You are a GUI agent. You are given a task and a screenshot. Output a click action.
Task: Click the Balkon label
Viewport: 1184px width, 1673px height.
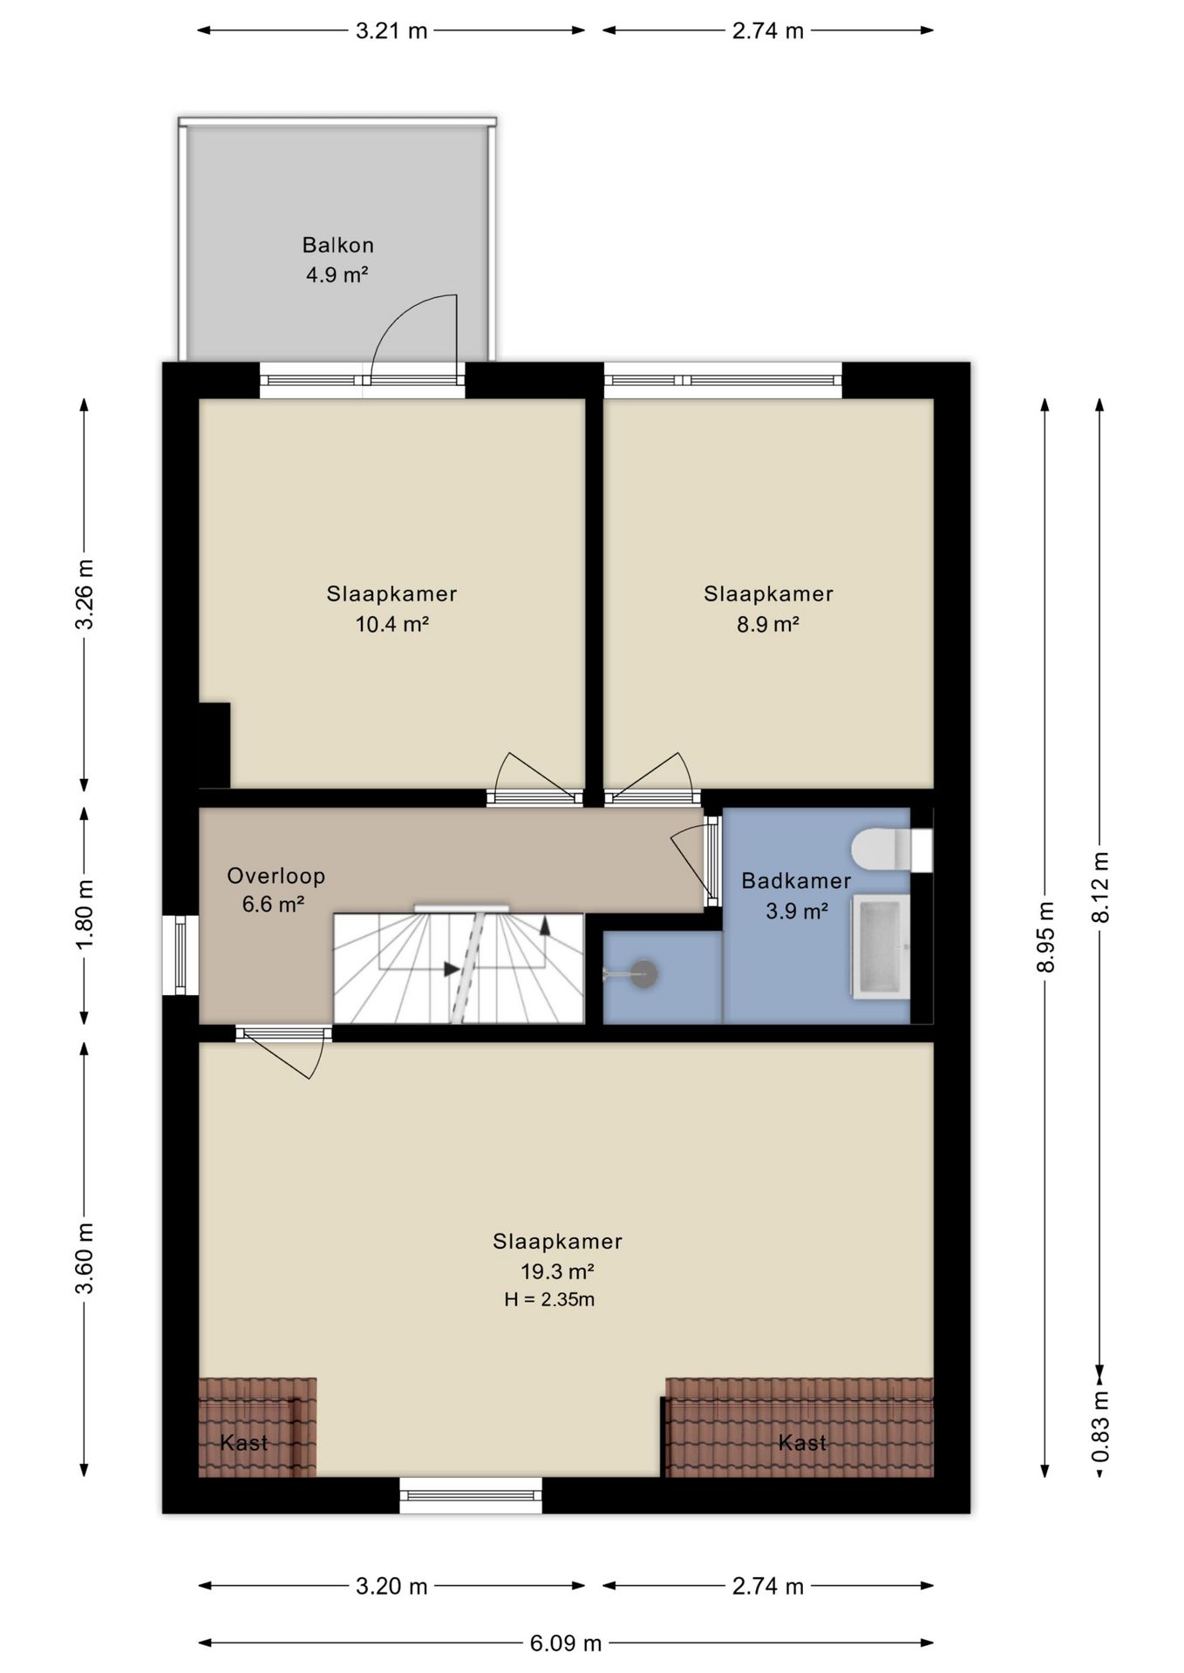click(338, 245)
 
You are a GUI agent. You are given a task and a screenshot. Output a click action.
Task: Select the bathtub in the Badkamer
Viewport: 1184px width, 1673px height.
click(881, 946)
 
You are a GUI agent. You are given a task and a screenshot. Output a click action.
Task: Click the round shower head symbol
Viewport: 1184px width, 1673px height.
click(643, 973)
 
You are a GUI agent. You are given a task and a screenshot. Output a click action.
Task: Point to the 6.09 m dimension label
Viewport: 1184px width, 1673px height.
click(566, 1643)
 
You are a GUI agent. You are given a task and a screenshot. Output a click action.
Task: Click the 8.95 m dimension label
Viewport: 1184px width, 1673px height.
click(1046, 937)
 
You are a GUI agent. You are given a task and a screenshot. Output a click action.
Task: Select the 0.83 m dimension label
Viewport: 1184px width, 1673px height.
click(1101, 1426)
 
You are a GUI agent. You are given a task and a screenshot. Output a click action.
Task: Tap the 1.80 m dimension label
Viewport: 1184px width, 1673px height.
click(85, 916)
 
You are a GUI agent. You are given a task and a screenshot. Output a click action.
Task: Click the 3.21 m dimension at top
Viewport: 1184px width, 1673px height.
click(391, 30)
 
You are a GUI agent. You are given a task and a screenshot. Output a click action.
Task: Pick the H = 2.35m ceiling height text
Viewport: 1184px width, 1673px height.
click(549, 1299)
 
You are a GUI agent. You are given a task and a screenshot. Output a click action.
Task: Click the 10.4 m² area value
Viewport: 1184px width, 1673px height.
click(391, 624)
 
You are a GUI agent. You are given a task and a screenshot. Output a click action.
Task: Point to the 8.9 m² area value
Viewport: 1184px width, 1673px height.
click(768, 624)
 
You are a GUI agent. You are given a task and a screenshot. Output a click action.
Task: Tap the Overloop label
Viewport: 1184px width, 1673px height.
click(276, 876)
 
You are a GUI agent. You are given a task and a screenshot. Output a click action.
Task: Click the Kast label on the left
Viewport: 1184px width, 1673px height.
click(244, 1443)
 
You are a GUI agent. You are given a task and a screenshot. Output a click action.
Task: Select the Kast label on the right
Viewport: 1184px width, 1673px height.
click(802, 1443)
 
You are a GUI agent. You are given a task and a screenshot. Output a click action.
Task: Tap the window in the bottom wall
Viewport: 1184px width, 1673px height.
click(471, 1495)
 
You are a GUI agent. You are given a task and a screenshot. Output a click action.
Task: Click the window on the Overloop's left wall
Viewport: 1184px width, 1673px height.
click(180, 955)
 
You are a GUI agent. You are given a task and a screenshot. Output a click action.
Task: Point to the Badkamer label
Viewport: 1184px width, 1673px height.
click(796, 881)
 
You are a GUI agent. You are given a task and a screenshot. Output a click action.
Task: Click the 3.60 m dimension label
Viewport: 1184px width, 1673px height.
click(85, 1258)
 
